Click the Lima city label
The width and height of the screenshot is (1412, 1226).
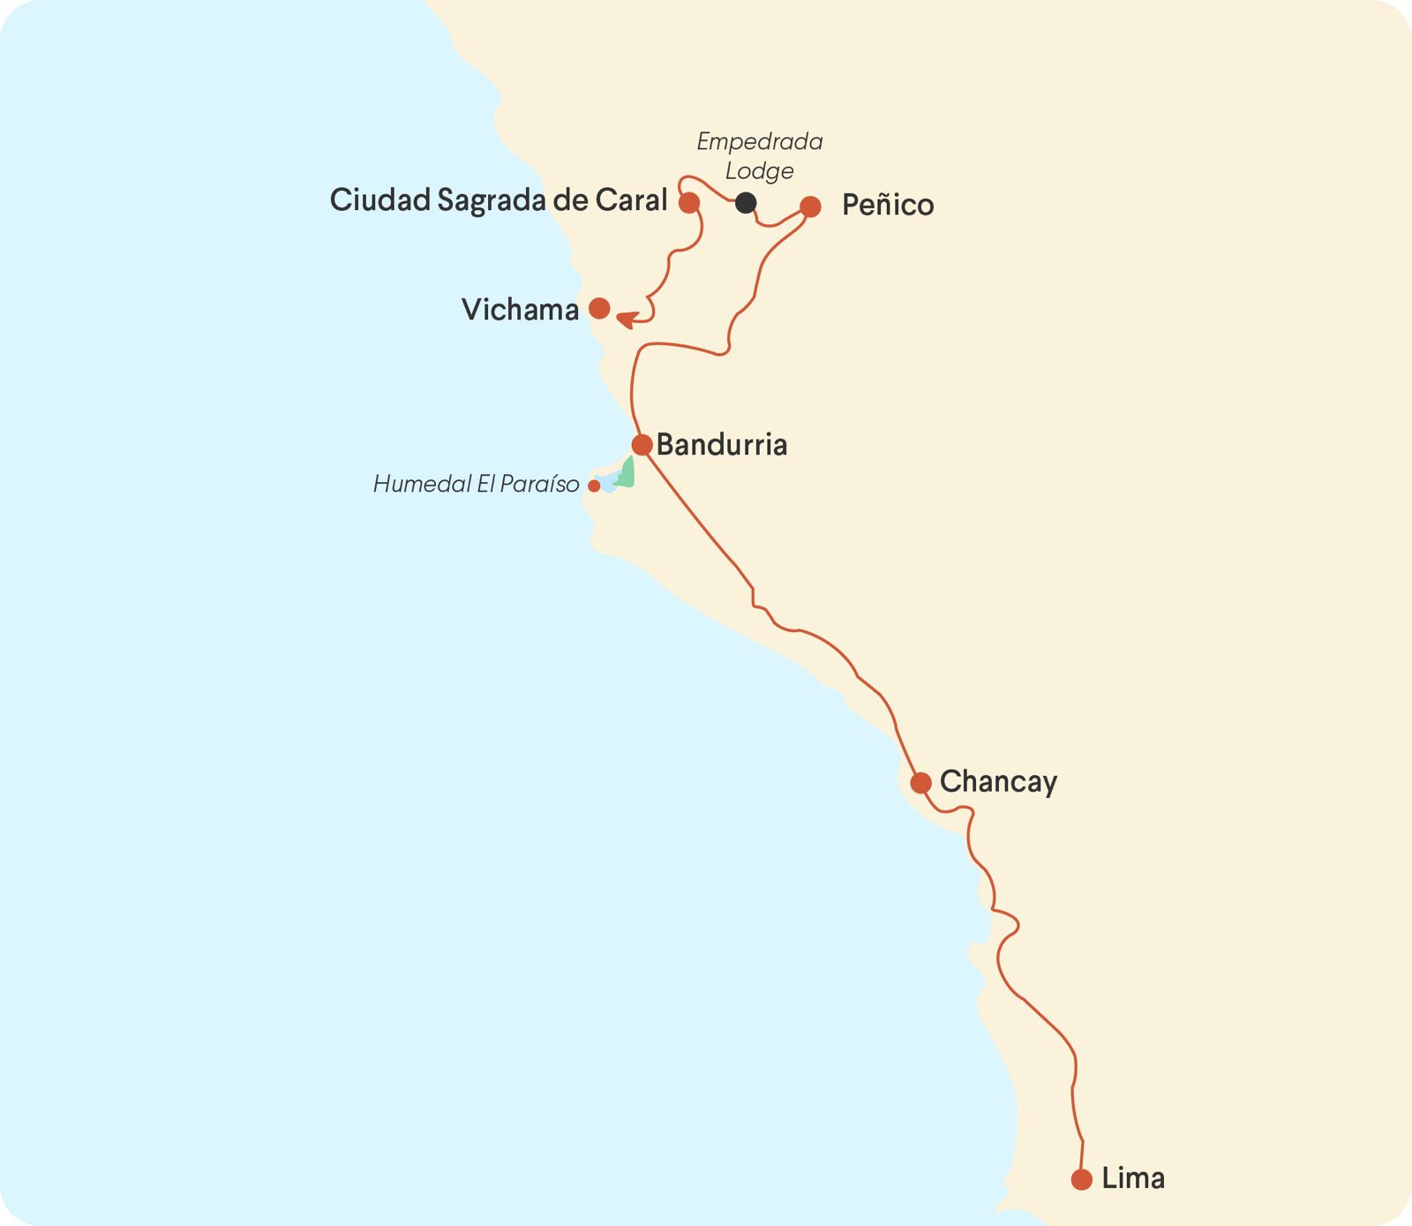[x=1133, y=1178]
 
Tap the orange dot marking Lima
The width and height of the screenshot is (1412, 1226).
[x=1082, y=1179]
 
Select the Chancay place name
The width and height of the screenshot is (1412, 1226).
[x=998, y=782]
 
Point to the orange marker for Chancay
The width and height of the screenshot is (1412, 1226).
[x=920, y=783]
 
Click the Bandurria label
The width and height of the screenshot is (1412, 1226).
[x=722, y=445]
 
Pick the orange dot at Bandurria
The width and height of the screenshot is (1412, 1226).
[x=642, y=444]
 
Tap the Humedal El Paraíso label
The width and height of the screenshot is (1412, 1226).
[x=476, y=485]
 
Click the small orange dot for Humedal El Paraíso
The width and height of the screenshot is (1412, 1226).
[x=594, y=485]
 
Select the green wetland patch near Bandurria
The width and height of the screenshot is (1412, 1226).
[x=627, y=474]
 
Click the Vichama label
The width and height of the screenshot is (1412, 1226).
[x=520, y=310]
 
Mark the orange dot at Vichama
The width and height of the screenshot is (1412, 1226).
[x=599, y=308]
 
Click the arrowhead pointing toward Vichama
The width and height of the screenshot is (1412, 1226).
[x=626, y=319]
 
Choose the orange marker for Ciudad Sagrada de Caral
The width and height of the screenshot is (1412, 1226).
[x=689, y=203]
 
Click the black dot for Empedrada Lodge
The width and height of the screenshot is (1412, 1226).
[x=746, y=202]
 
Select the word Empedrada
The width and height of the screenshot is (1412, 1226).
[x=760, y=141]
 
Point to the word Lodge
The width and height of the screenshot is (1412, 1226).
[x=760, y=170]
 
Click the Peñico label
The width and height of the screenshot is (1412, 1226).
[x=888, y=205]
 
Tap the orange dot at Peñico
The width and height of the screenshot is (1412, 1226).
[x=810, y=207]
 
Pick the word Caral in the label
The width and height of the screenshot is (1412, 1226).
[x=631, y=200]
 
